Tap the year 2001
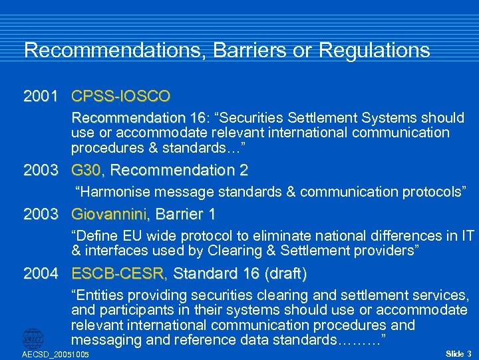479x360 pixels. tap(41, 96)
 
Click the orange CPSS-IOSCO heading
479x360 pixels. tap(120, 96)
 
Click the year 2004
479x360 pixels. tap(41, 273)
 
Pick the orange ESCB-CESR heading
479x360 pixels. tap(119, 273)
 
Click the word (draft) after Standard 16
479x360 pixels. tap(285, 273)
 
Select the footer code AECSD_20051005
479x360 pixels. tap(56, 355)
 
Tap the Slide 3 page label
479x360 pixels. tap(458, 353)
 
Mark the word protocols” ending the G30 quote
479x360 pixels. tap(432, 192)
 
